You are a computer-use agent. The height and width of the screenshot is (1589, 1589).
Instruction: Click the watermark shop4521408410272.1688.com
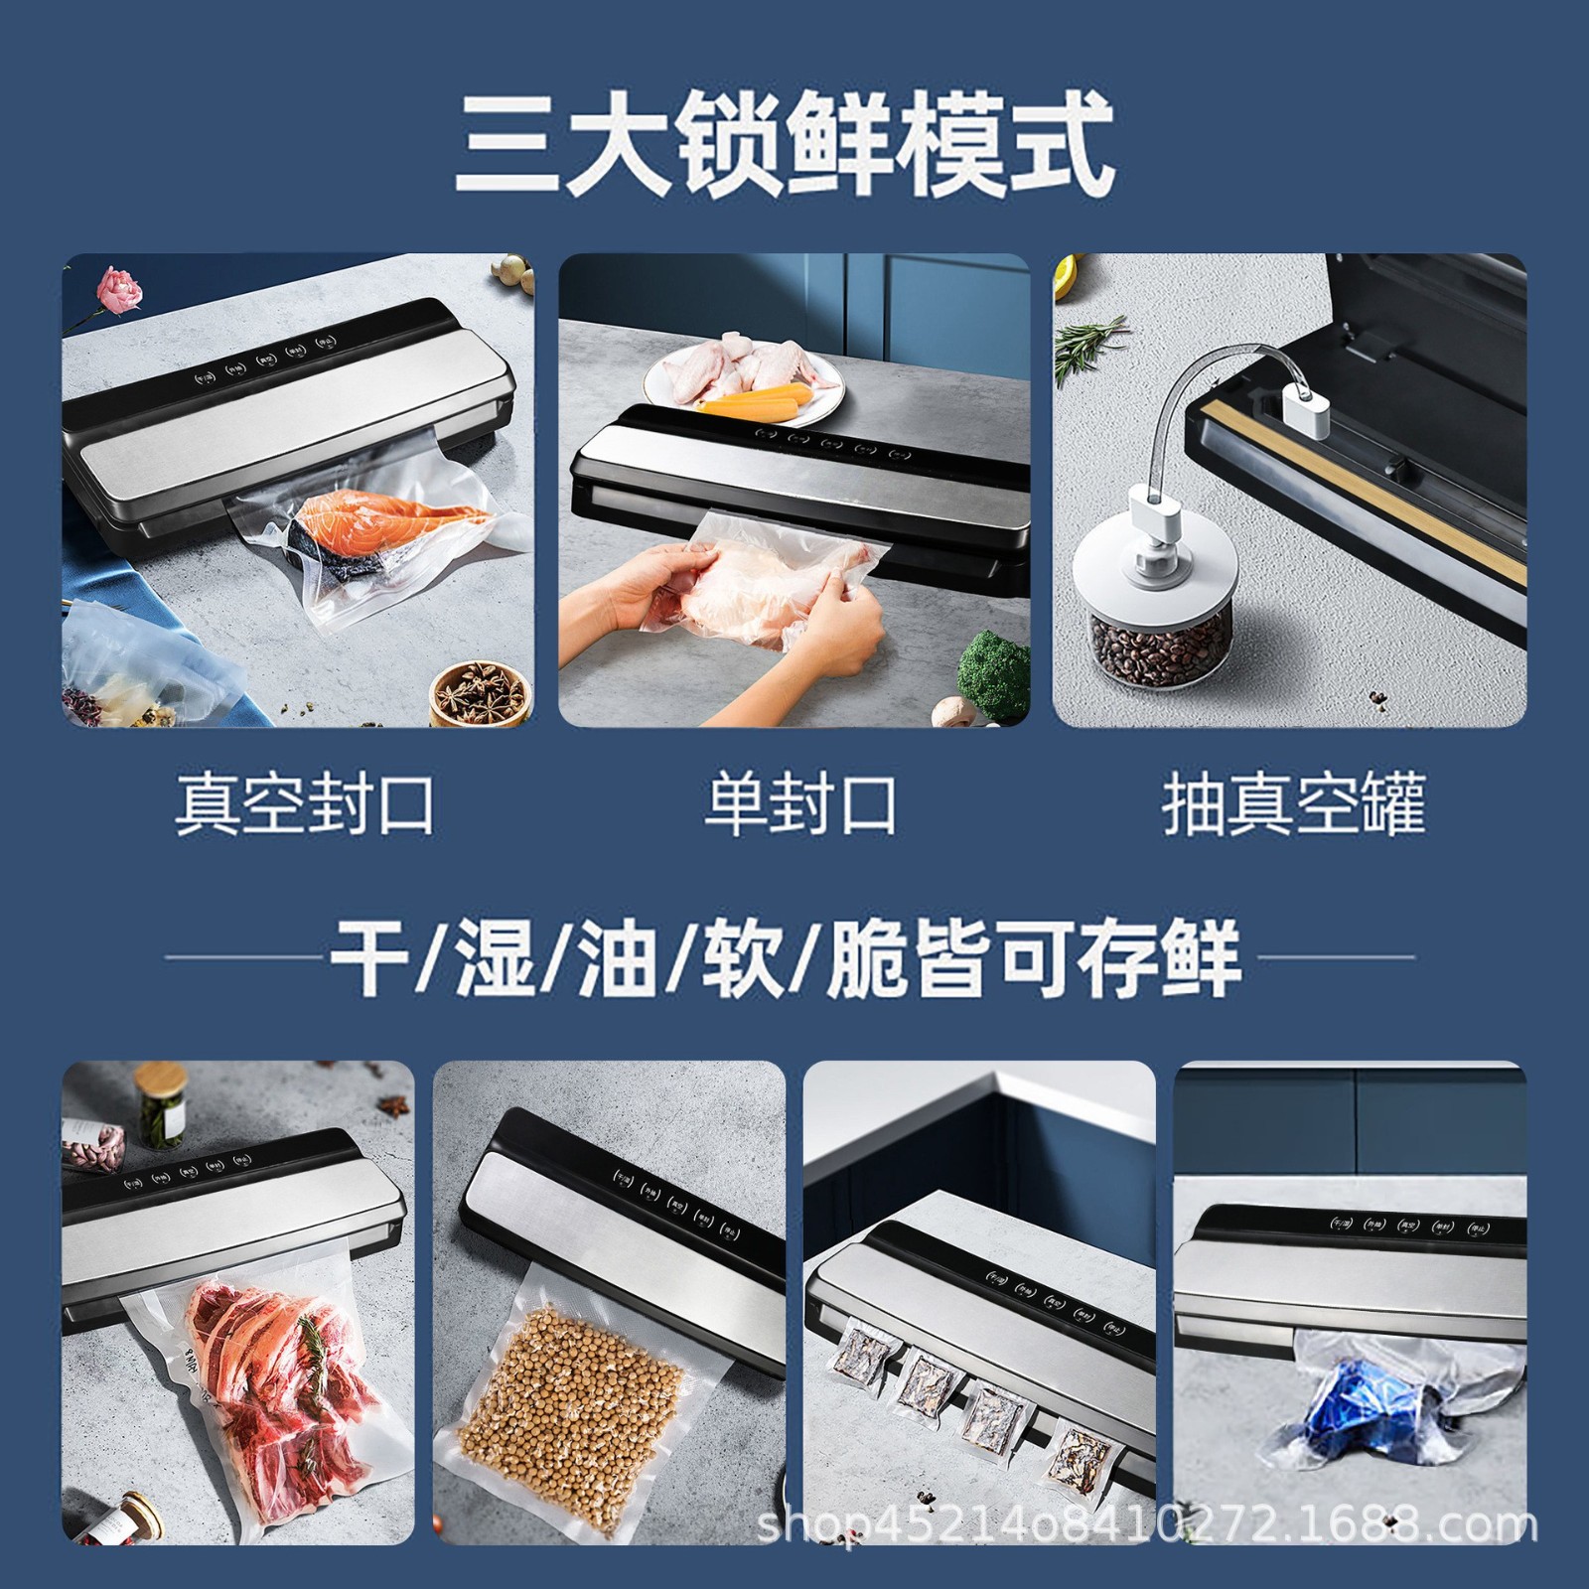[x=1147, y=1551]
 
